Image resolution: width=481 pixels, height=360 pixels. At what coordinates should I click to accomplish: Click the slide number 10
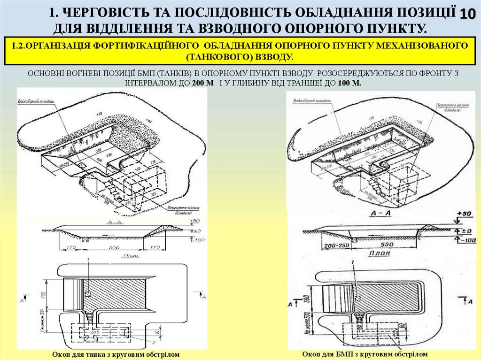[x=467, y=14]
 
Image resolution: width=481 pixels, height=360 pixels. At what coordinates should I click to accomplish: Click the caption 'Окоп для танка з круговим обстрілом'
[x=116, y=354]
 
